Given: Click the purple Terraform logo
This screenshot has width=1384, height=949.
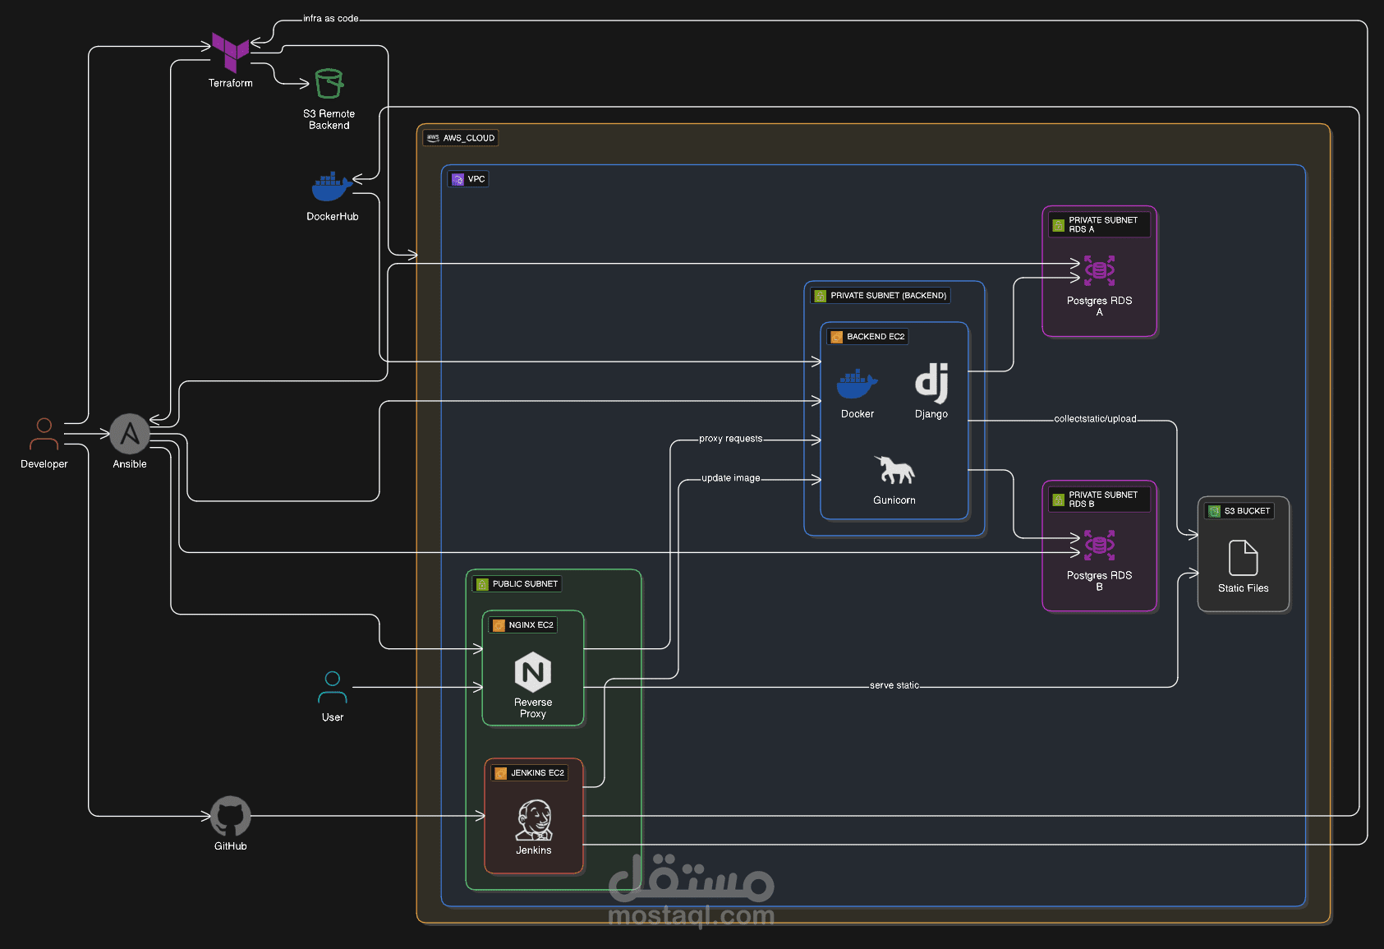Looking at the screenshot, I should [x=230, y=52].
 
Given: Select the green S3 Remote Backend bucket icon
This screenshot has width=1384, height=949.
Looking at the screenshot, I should [x=329, y=84].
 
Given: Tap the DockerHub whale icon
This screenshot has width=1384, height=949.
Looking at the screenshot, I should [x=331, y=187].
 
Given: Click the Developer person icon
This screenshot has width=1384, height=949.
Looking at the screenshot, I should [x=44, y=435].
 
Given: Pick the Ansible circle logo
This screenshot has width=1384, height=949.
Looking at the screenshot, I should [x=130, y=434].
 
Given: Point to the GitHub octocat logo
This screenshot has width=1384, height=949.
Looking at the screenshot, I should [x=231, y=816].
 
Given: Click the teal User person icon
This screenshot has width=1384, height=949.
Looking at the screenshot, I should [x=333, y=688].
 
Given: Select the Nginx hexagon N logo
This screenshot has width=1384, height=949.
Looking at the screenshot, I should [x=533, y=672].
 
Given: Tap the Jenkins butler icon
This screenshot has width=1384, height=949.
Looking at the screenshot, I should [x=534, y=820].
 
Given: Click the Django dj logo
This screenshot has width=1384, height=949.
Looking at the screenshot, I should [x=931, y=383].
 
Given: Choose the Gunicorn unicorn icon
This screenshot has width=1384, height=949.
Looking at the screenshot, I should [x=894, y=470].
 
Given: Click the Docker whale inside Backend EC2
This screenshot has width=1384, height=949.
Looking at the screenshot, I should [x=857, y=384].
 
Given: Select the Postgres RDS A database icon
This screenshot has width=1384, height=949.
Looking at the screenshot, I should [x=1099, y=270].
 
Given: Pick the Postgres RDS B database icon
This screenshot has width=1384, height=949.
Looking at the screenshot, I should [x=1099, y=545].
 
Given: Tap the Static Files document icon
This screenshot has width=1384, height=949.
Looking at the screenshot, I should [x=1243, y=558].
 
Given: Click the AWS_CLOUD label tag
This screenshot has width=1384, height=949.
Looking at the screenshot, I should [x=461, y=138].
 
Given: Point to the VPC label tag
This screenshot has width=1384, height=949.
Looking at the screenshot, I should [x=468, y=179].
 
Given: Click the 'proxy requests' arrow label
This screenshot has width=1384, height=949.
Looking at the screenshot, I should [x=730, y=439].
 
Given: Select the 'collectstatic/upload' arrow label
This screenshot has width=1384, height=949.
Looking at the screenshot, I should [x=1095, y=419].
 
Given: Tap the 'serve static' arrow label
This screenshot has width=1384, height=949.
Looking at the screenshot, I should [x=894, y=685].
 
